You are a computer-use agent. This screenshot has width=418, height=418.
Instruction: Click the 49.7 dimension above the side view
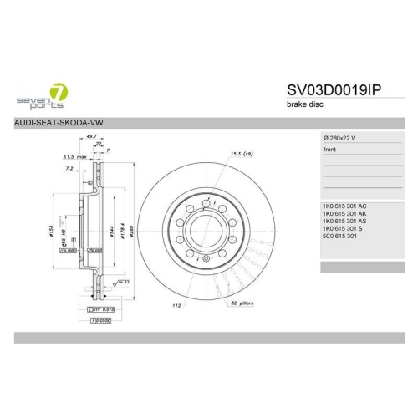point(93,135)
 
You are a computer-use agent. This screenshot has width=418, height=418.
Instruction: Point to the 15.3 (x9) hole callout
point(242,153)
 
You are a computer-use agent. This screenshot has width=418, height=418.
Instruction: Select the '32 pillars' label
point(242,305)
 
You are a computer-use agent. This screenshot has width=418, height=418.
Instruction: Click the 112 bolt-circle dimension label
point(177,305)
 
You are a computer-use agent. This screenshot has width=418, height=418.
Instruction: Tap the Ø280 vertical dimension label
point(133,230)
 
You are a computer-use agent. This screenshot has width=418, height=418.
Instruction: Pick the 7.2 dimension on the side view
point(69,168)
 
